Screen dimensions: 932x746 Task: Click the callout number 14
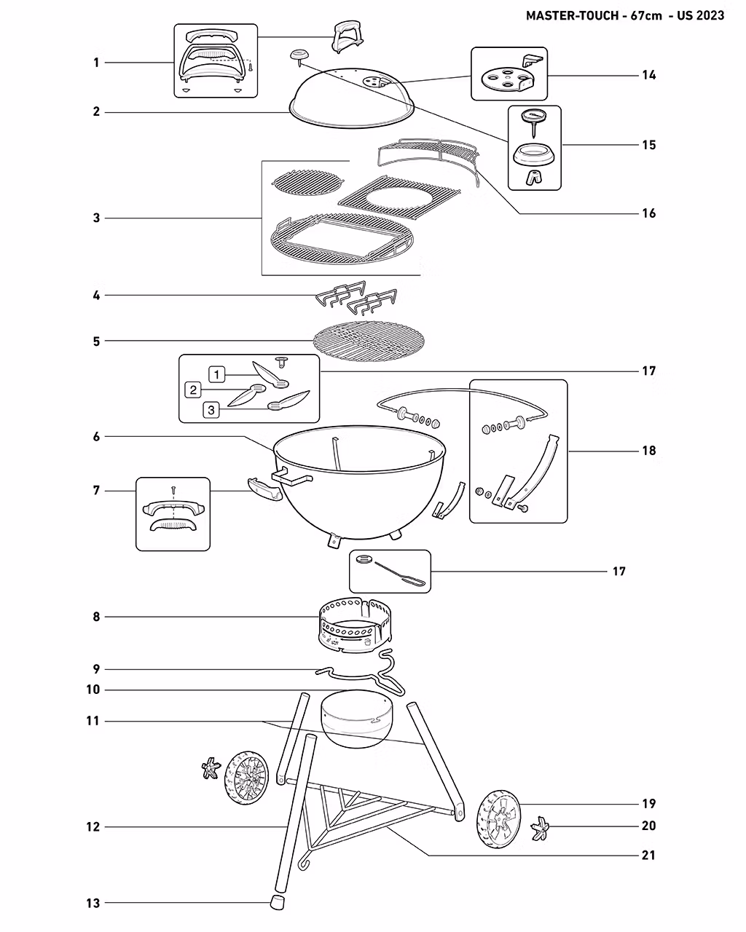(648, 75)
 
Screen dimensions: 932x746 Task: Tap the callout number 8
(96, 617)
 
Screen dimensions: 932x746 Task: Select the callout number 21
(648, 855)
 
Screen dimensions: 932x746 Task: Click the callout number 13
(93, 904)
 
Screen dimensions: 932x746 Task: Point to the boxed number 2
(193, 390)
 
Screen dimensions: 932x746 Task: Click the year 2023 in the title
(710, 15)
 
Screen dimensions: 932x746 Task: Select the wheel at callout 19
(499, 819)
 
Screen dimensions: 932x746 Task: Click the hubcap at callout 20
(542, 827)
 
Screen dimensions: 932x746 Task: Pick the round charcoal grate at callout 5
(368, 339)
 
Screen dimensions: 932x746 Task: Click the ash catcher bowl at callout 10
(356, 718)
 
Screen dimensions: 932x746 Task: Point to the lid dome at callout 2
(353, 95)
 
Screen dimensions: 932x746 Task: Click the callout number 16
(648, 213)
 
